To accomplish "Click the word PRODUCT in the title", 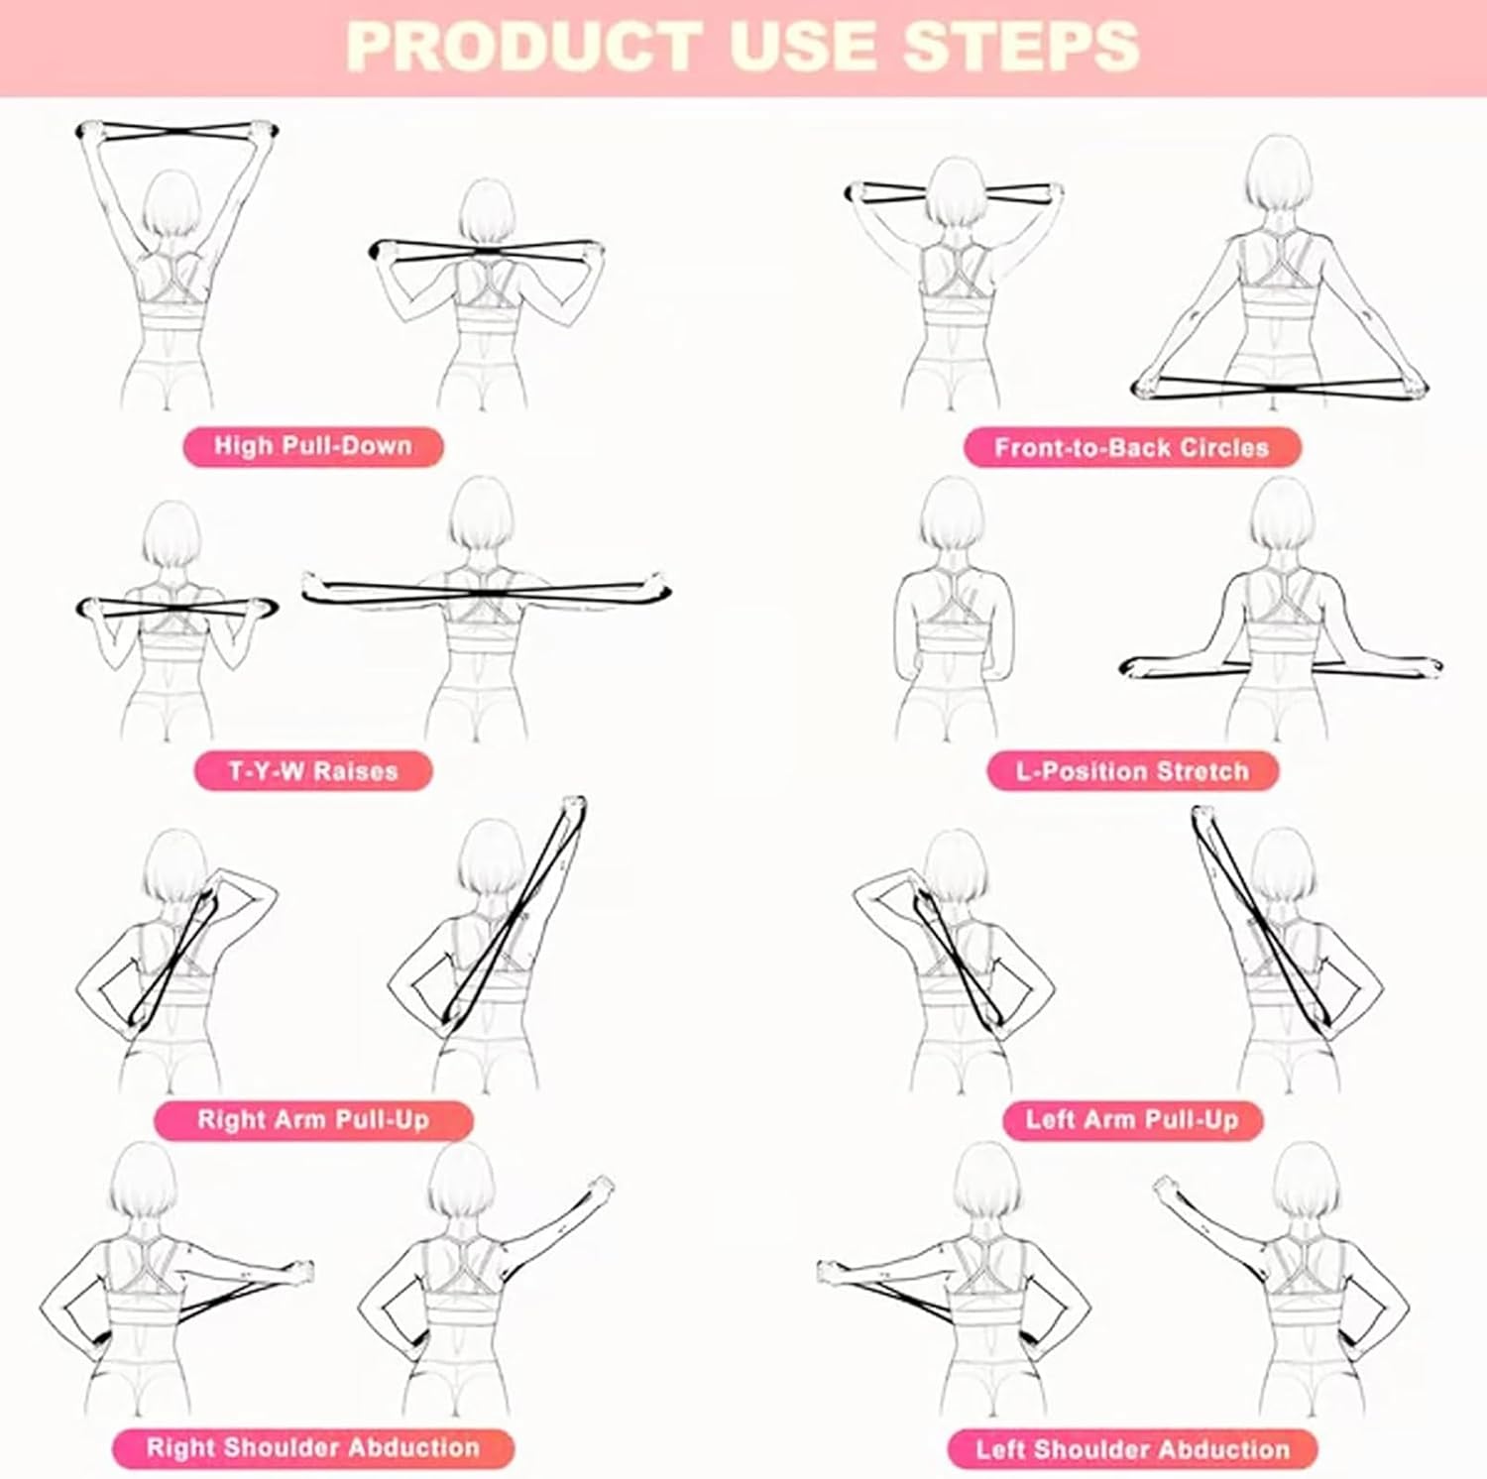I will [x=523, y=47].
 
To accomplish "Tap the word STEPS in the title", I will [x=1022, y=47].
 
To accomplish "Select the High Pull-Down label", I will [x=312, y=446].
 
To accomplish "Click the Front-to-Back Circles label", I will [x=1131, y=448].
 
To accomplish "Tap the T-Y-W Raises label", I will [x=312, y=771].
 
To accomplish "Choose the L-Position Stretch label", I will [x=1132, y=771].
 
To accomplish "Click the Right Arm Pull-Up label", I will [x=312, y=1120].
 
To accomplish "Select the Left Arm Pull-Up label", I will [x=1132, y=1120].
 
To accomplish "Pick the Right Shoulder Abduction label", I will [x=312, y=1448].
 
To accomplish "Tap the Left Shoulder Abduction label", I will [x=1132, y=1449].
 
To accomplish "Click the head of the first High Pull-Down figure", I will [x=172, y=203].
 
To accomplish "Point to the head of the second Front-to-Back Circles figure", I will [x=1278, y=173].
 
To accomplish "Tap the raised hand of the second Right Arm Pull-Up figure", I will [x=573, y=806].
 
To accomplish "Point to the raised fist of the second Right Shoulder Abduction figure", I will [x=601, y=1186].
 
